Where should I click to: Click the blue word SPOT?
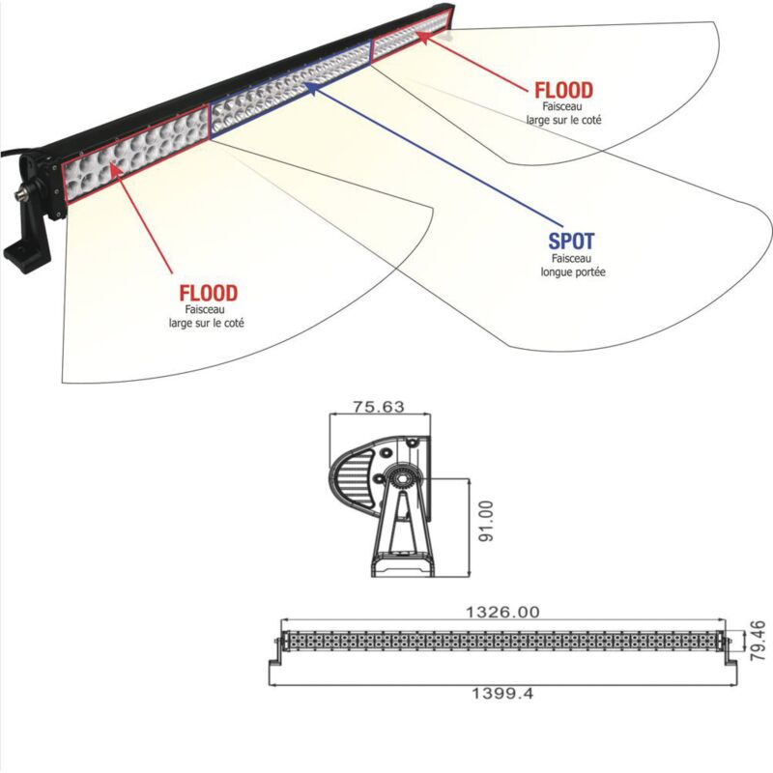coord(572,242)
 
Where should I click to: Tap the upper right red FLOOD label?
coord(563,91)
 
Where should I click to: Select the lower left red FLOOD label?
coord(208,292)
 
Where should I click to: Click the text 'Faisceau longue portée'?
coord(573,266)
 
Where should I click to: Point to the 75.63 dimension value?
coord(378,408)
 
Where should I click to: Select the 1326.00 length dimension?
coord(501,612)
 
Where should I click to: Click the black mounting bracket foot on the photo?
coord(23,253)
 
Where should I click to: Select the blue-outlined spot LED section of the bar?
coord(290,97)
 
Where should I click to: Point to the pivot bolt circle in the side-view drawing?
coord(398,477)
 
